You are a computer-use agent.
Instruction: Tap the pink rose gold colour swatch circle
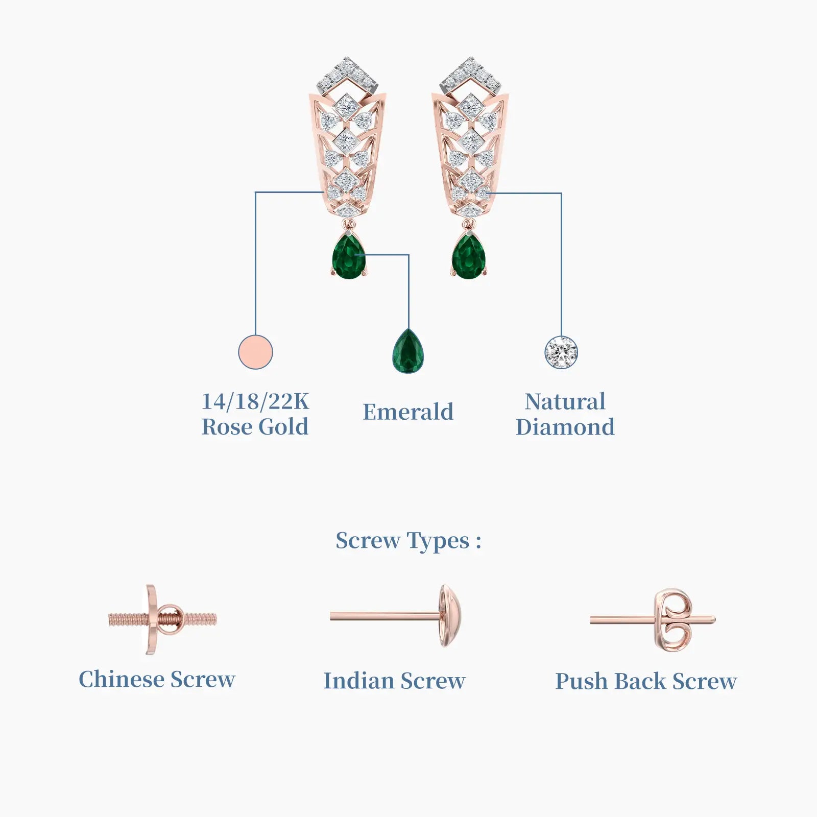pos(255,352)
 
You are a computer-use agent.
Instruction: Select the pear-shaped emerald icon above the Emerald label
pos(408,351)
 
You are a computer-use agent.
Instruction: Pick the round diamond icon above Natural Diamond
pos(561,352)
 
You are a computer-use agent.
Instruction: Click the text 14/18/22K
pos(255,401)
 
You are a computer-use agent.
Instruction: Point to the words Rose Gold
pos(255,427)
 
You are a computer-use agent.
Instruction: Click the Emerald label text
pos(408,412)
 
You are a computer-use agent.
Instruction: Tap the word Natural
pos(565,401)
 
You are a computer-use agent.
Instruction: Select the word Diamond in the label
pos(565,427)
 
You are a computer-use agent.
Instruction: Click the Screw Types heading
pos(408,541)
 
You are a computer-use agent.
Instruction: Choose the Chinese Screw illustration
pos(162,620)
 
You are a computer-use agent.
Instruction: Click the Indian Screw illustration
pos(397,616)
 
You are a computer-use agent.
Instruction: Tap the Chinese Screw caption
pos(157,680)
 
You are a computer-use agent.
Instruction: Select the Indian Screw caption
pos(394,681)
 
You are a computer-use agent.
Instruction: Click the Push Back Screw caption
pos(646,681)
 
